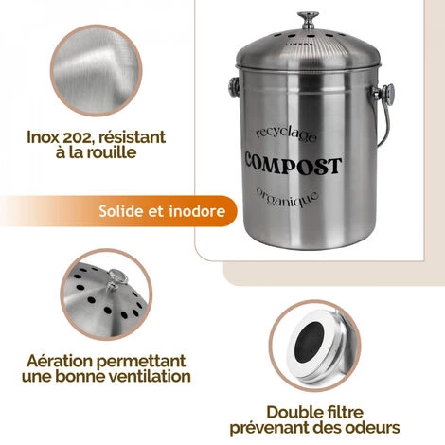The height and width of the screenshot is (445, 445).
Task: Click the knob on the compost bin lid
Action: point(308,20)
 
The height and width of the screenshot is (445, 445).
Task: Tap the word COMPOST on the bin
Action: point(294,164)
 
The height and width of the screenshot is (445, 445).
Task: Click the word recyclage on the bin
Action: point(286,134)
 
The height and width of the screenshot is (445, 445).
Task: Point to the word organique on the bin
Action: point(287,197)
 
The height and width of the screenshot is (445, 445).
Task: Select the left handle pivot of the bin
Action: point(234,88)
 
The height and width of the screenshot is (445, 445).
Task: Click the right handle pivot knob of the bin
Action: point(388,94)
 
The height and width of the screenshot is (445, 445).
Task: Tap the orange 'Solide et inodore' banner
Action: point(118,211)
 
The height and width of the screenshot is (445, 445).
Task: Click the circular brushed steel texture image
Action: point(96,70)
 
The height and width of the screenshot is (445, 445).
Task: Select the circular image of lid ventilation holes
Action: point(106,294)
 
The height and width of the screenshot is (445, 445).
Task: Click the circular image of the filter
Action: point(314,346)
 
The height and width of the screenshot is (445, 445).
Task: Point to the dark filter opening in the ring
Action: point(310,341)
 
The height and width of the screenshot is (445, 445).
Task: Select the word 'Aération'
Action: point(60,361)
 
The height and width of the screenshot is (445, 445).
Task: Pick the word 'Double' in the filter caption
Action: point(291,412)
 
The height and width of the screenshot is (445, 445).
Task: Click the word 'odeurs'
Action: point(372,428)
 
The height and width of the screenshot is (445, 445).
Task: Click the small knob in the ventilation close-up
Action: point(116,279)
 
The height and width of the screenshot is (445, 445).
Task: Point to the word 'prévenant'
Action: point(270,428)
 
